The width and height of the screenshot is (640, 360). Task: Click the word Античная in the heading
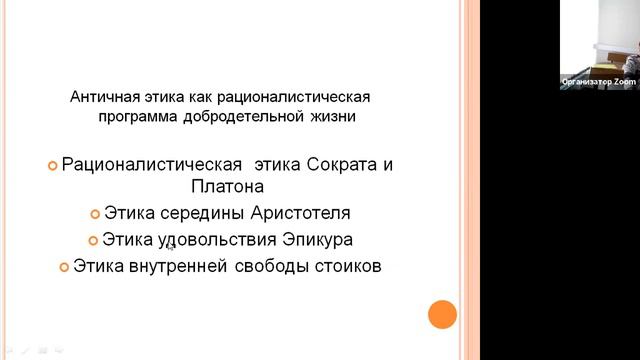click(x=103, y=98)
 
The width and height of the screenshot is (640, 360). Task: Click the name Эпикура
click(x=319, y=241)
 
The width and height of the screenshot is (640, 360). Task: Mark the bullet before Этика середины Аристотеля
click(x=95, y=215)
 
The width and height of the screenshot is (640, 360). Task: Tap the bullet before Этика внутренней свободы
click(x=64, y=268)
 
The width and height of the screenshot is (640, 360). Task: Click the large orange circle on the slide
click(x=442, y=316)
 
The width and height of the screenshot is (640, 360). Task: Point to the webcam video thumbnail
click(x=599, y=45)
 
